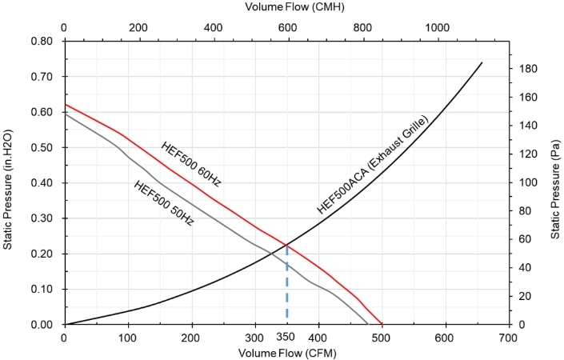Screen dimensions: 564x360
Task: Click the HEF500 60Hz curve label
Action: [190, 164]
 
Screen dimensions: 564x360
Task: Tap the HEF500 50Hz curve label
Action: [164, 203]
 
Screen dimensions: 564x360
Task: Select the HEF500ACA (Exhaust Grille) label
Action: [373, 165]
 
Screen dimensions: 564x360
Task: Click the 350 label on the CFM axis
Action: [286, 337]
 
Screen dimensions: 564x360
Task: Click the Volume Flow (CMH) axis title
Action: [294, 7]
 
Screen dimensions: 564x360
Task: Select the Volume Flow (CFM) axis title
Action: [287, 353]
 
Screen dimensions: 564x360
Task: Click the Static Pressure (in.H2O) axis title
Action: [7, 190]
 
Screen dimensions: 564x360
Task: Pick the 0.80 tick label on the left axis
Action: [42, 41]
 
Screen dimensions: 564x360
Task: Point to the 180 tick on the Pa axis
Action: [527, 68]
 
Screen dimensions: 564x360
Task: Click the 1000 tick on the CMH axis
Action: [437, 28]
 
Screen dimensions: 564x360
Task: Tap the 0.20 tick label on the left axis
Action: [42, 254]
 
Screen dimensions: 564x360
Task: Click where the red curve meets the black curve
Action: [286, 246]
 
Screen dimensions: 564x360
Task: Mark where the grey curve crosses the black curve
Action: [271, 254]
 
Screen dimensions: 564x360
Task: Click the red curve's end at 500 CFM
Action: [382, 324]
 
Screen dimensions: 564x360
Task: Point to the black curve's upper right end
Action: [482, 62]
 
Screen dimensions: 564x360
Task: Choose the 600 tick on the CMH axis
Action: [288, 28]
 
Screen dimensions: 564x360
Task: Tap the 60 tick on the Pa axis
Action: [525, 239]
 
